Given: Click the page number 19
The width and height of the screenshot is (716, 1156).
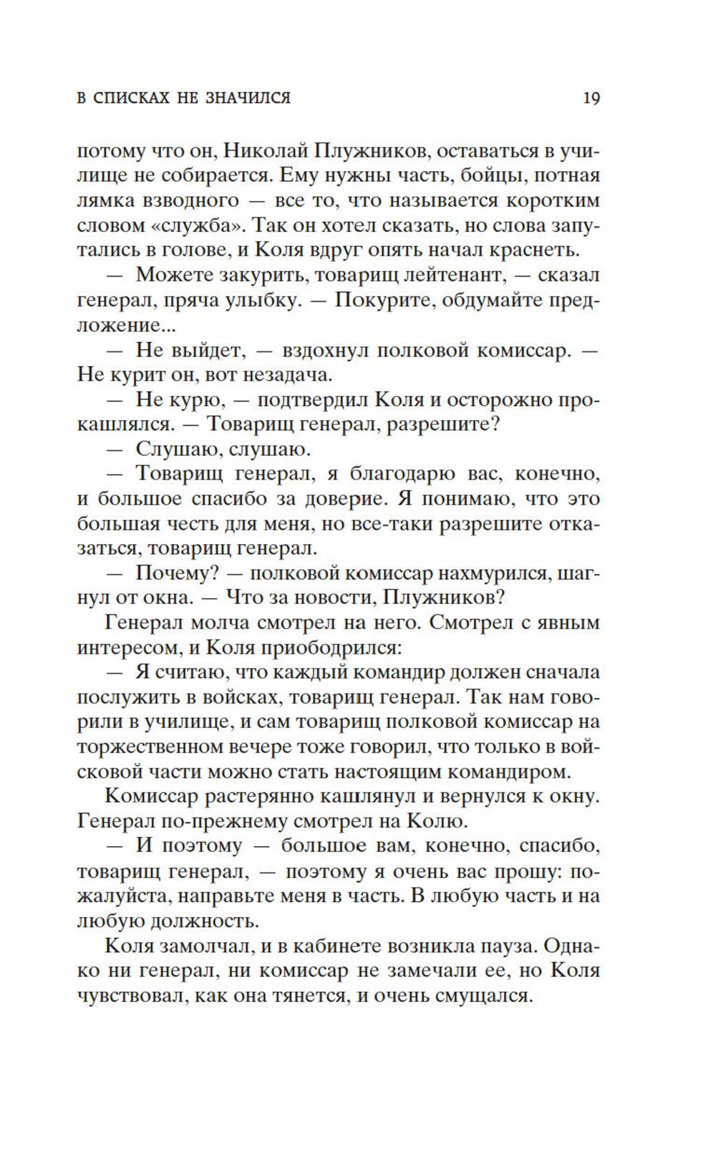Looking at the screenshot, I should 591,98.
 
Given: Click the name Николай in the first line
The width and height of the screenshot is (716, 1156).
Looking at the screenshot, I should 261,150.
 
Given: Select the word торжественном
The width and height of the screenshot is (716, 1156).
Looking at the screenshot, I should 147,747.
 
